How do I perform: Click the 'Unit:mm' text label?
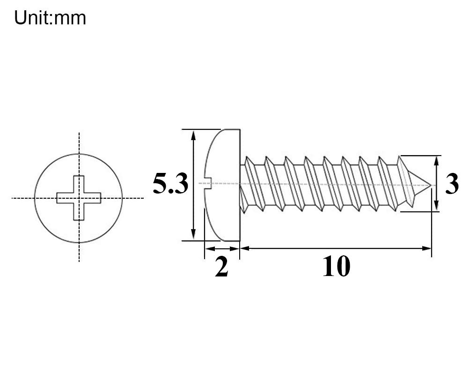pyautogui.click(x=50, y=18)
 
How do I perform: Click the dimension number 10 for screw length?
pyautogui.click(x=336, y=266)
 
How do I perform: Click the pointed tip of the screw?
pyautogui.click(x=431, y=185)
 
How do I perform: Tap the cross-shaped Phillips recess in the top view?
pyautogui.click(x=79, y=198)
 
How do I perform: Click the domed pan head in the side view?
pyautogui.click(x=222, y=185)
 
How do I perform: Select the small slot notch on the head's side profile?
pyautogui.click(x=208, y=184)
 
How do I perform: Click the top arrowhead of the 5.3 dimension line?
pyautogui.click(x=193, y=135)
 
